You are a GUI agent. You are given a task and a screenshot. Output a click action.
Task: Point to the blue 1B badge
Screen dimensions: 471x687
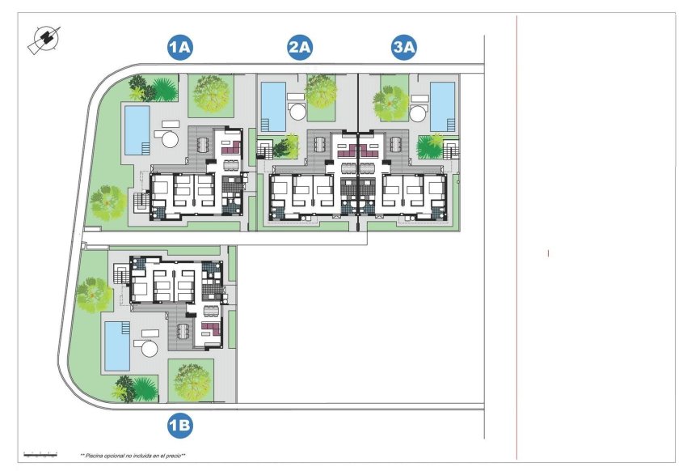coord(179,423)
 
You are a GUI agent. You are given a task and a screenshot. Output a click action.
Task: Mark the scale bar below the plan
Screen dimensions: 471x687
coord(40,453)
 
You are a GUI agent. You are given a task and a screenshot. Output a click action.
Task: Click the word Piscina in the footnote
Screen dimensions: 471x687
coord(96,456)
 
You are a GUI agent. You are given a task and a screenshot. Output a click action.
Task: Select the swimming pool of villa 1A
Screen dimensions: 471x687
coord(137,129)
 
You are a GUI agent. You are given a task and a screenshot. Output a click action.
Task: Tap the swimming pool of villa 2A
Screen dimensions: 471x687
coord(272,105)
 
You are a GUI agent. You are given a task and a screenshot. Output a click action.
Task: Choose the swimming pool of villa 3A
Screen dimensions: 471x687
coord(442,105)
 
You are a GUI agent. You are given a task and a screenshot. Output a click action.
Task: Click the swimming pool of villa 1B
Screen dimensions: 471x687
coord(117,344)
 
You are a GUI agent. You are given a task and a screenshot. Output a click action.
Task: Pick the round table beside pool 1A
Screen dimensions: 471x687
coord(170,139)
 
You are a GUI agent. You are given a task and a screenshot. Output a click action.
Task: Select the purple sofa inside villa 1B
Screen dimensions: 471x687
coord(210,328)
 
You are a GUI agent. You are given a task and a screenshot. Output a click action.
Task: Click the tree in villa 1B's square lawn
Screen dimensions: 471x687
coord(191,378)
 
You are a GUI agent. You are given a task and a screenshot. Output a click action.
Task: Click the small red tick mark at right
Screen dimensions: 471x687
coord(548,253)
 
